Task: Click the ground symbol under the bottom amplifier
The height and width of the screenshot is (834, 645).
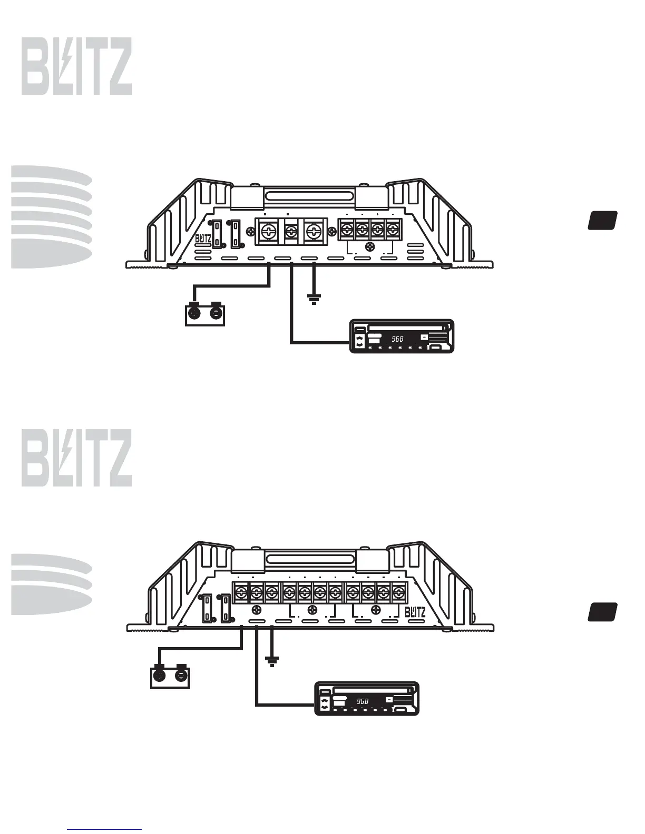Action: (272, 661)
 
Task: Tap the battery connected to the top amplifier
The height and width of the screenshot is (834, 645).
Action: (205, 314)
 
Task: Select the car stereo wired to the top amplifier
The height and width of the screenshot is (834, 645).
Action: (402, 336)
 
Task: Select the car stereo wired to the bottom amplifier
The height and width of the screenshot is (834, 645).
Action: (367, 698)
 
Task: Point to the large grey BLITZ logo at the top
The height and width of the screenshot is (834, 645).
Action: (77, 66)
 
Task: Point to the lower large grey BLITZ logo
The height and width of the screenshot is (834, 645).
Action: (77, 458)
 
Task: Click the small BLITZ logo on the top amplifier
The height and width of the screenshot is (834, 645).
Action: (203, 239)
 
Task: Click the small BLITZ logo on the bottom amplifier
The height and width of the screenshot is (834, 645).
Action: (415, 612)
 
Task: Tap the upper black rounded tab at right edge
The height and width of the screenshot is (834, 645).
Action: (603, 220)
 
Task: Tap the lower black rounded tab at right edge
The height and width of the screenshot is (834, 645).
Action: (603, 612)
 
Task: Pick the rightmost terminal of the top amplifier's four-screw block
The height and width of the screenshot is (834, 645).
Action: (392, 230)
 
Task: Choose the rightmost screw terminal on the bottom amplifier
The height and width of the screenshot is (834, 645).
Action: (400, 592)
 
